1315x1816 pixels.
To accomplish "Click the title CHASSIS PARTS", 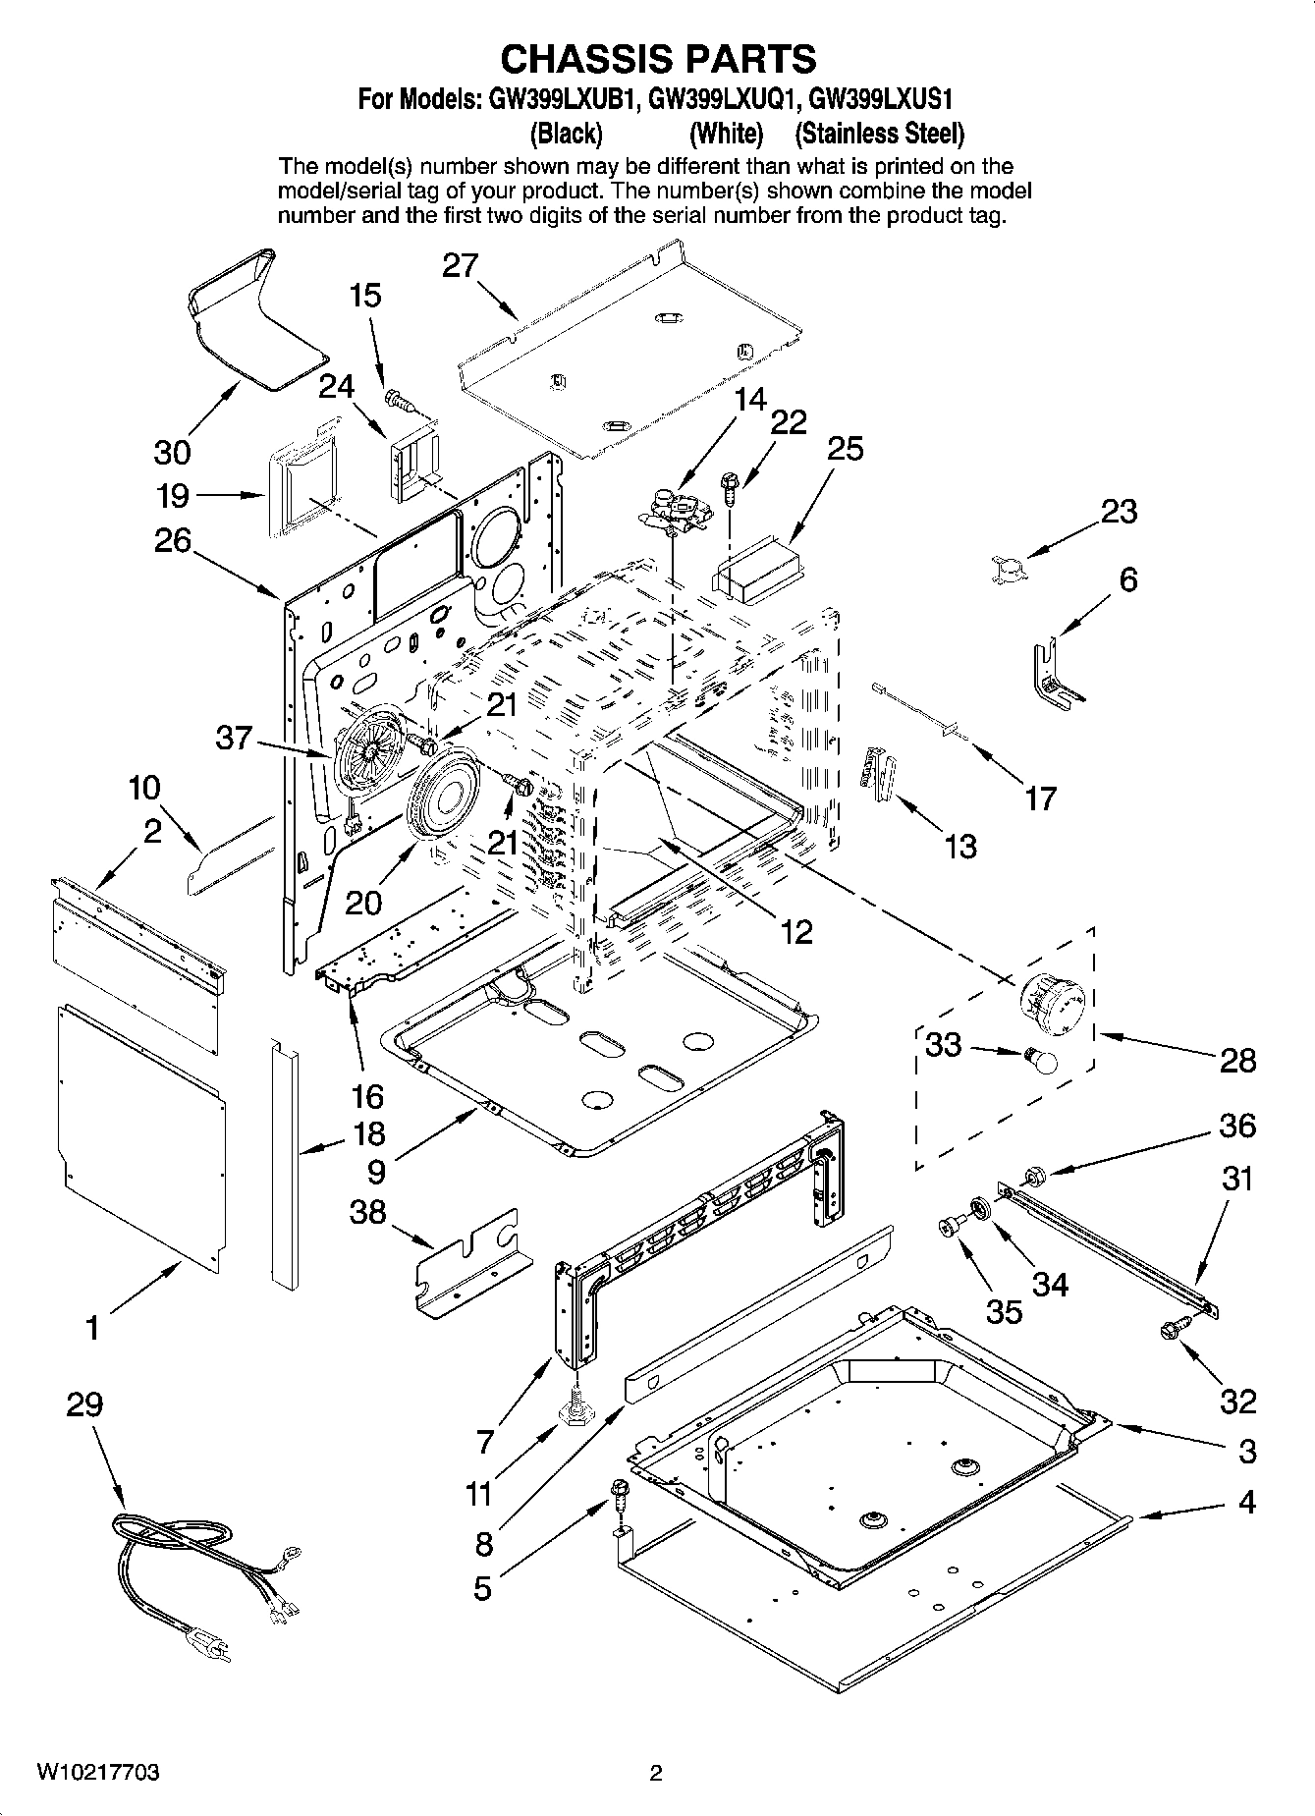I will click(658, 59).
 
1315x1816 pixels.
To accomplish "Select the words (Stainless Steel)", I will click(879, 133).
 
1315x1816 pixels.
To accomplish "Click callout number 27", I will click(460, 266).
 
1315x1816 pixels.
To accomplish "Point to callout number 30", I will click(172, 452).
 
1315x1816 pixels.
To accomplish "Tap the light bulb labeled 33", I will click(1040, 1060).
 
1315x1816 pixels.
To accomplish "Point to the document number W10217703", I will click(98, 1774).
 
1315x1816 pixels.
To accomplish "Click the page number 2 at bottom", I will click(656, 1774).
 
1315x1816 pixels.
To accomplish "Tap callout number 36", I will click(1236, 1126).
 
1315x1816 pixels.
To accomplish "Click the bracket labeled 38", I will click(468, 1265).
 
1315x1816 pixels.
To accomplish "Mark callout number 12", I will click(795, 931).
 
